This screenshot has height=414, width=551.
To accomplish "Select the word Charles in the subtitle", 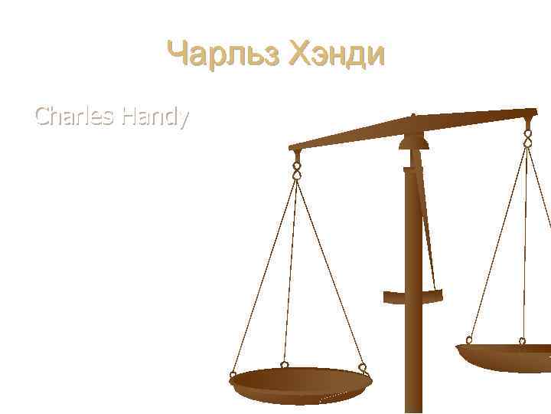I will (x=73, y=117).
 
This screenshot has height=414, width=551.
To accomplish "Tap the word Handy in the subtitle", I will (x=152, y=117).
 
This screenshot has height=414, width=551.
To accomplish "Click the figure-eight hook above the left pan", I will (x=296, y=168).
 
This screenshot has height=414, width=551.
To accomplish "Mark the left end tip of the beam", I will (x=291, y=147).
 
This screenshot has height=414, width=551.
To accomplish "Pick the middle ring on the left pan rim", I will (x=284, y=365).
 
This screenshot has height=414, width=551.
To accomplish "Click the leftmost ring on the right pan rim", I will (x=468, y=341).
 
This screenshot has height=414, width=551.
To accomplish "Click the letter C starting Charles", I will (x=43, y=117).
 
